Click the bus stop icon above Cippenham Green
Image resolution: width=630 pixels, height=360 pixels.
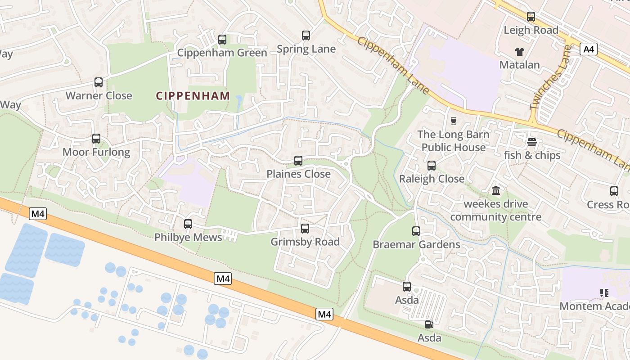pyautogui.click(x=222, y=40)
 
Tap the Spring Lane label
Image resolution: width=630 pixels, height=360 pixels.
pyautogui.click(x=306, y=49)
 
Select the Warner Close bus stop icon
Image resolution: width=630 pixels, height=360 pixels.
pyautogui.click(x=99, y=82)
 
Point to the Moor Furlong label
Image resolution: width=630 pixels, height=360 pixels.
pyautogui.click(x=96, y=152)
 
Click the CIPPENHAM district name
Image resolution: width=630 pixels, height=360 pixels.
pyautogui.click(x=193, y=96)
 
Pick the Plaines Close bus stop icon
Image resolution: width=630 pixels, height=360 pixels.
pyautogui.click(x=298, y=161)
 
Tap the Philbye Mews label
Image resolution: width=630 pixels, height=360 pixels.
pyautogui.click(x=188, y=237)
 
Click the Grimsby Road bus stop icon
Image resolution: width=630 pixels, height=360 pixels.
pyautogui.click(x=305, y=229)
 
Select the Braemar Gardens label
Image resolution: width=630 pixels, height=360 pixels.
pyautogui.click(x=416, y=244)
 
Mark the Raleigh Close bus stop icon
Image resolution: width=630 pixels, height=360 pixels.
pyautogui.click(x=432, y=166)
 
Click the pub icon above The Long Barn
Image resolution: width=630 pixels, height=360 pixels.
pyautogui.click(x=453, y=121)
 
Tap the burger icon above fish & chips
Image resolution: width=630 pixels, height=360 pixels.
pyautogui.click(x=532, y=142)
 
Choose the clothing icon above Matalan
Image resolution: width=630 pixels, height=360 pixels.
pyautogui.click(x=519, y=51)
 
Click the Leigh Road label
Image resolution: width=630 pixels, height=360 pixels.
pyautogui.click(x=531, y=30)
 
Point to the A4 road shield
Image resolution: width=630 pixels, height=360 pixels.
pyautogui.click(x=589, y=49)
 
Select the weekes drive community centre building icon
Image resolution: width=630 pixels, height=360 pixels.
pyautogui.click(x=496, y=191)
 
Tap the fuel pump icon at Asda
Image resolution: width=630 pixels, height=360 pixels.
pyautogui.click(x=429, y=324)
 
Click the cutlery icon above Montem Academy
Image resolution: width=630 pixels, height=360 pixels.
pyautogui.click(x=604, y=293)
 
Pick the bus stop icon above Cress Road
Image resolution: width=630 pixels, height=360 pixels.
pyautogui.click(x=614, y=191)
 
